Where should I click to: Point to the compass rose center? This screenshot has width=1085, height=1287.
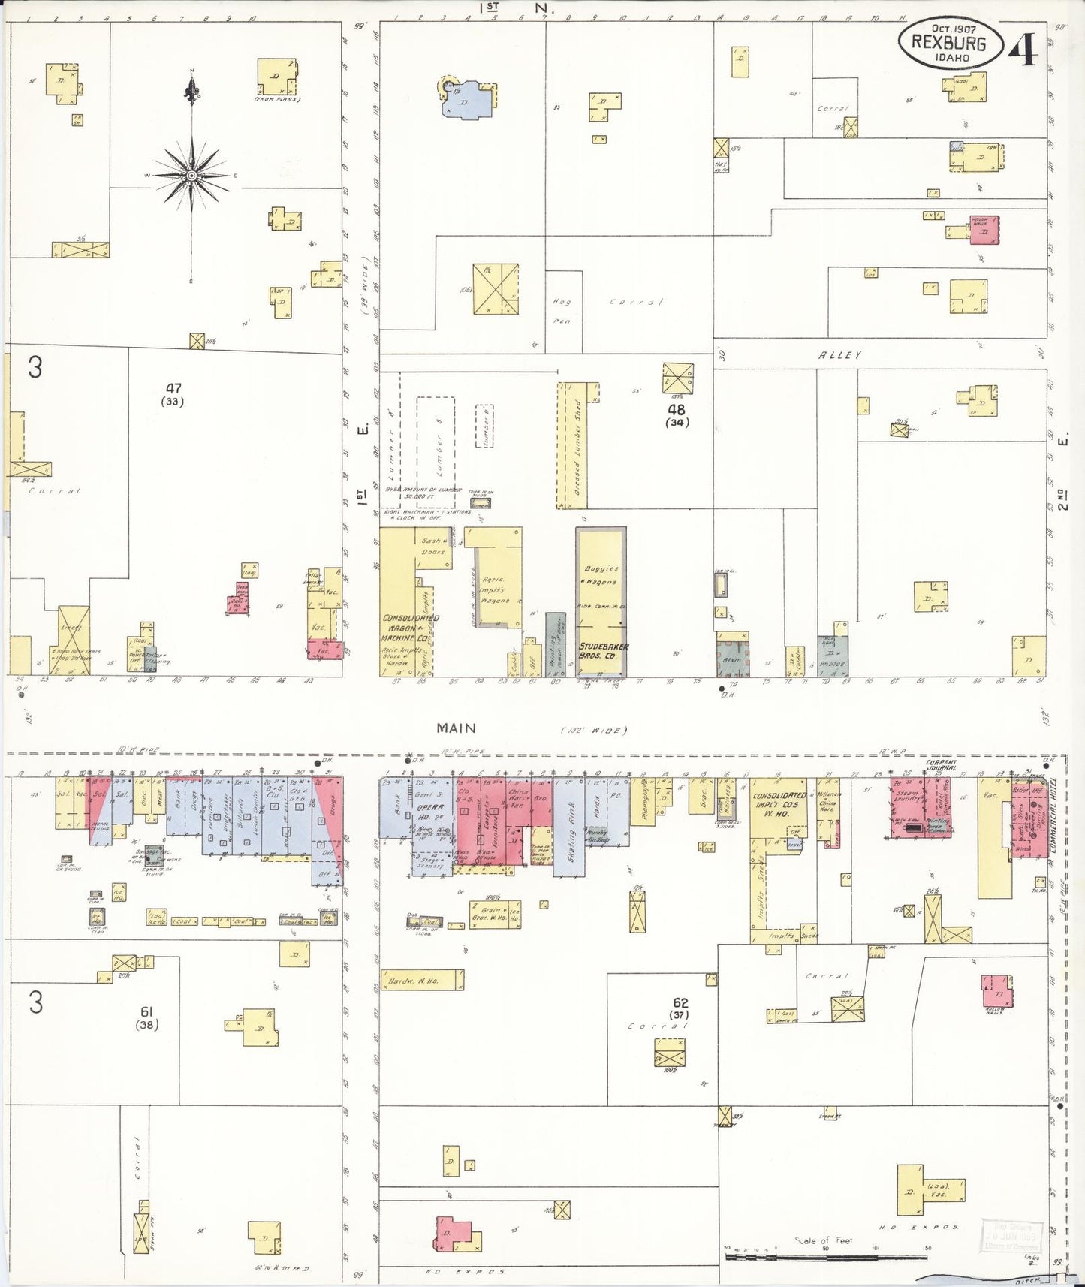(192, 175)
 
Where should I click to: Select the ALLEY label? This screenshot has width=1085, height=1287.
(839, 355)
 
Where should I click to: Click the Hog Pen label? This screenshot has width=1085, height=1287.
(562, 311)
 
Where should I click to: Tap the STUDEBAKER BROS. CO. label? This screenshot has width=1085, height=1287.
(603, 650)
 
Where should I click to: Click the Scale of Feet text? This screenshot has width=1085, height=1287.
(824, 1240)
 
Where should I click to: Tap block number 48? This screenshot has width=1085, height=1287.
(676, 410)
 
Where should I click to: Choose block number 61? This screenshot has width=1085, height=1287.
(146, 1012)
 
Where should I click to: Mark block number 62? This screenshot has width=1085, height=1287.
(680, 1002)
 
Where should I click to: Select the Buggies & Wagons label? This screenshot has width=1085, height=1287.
(601, 576)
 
